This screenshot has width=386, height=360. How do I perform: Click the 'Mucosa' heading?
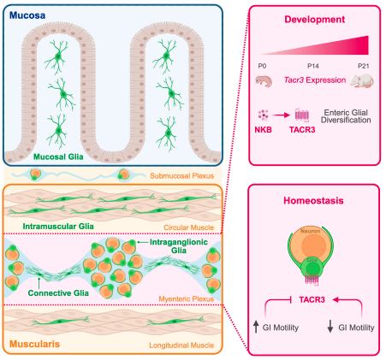tap(27, 15)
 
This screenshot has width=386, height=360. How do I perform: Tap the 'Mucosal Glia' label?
tap(58, 156)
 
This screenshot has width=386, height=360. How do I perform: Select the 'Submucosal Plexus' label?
tap(182, 176)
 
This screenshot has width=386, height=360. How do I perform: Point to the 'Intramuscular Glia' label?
tap(58, 227)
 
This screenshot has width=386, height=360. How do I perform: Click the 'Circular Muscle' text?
tap(188, 227)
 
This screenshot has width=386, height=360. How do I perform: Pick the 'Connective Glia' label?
tap(58, 293)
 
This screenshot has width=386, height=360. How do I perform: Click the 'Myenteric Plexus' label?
tap(187, 298)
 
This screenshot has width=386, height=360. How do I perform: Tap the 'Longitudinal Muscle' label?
tap(181, 345)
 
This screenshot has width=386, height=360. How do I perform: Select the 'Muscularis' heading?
tap(34, 344)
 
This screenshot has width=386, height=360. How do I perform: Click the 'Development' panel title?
tap(315, 20)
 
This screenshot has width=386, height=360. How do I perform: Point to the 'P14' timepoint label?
tap(313, 66)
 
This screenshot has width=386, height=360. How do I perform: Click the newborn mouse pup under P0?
tap(264, 81)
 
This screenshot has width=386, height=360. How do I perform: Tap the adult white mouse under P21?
tap(362, 81)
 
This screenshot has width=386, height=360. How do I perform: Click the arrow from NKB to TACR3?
tap(281, 115)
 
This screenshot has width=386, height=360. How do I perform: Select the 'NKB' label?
tap(263, 130)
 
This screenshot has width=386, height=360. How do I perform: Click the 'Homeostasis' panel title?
tap(313, 201)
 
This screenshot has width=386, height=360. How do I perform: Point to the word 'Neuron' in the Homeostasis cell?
tap(310, 231)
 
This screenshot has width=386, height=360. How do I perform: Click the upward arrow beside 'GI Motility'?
tap(256, 327)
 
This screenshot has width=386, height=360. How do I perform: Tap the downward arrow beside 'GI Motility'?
tap(330, 327)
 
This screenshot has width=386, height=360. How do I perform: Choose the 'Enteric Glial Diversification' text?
tap(346, 116)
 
